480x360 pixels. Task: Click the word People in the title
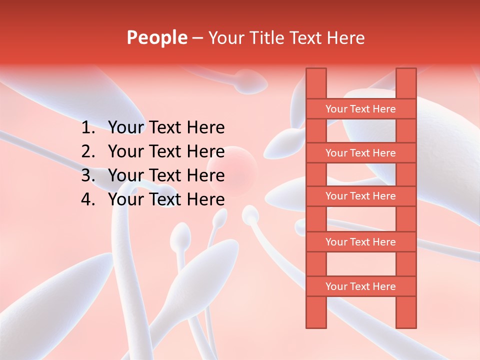coord(156,38)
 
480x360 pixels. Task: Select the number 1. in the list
coord(89,128)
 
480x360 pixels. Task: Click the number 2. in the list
coord(89,151)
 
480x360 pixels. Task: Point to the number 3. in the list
coord(89,175)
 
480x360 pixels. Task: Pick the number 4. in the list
coord(89,199)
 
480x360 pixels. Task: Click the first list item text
coord(166,128)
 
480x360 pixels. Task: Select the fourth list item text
coord(166,199)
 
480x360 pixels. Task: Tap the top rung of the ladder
coord(360,109)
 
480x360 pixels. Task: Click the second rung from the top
coord(360,153)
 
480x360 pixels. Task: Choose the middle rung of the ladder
coord(360,196)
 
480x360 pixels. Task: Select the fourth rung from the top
coord(360,242)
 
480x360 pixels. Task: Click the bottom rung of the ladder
coord(360,286)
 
